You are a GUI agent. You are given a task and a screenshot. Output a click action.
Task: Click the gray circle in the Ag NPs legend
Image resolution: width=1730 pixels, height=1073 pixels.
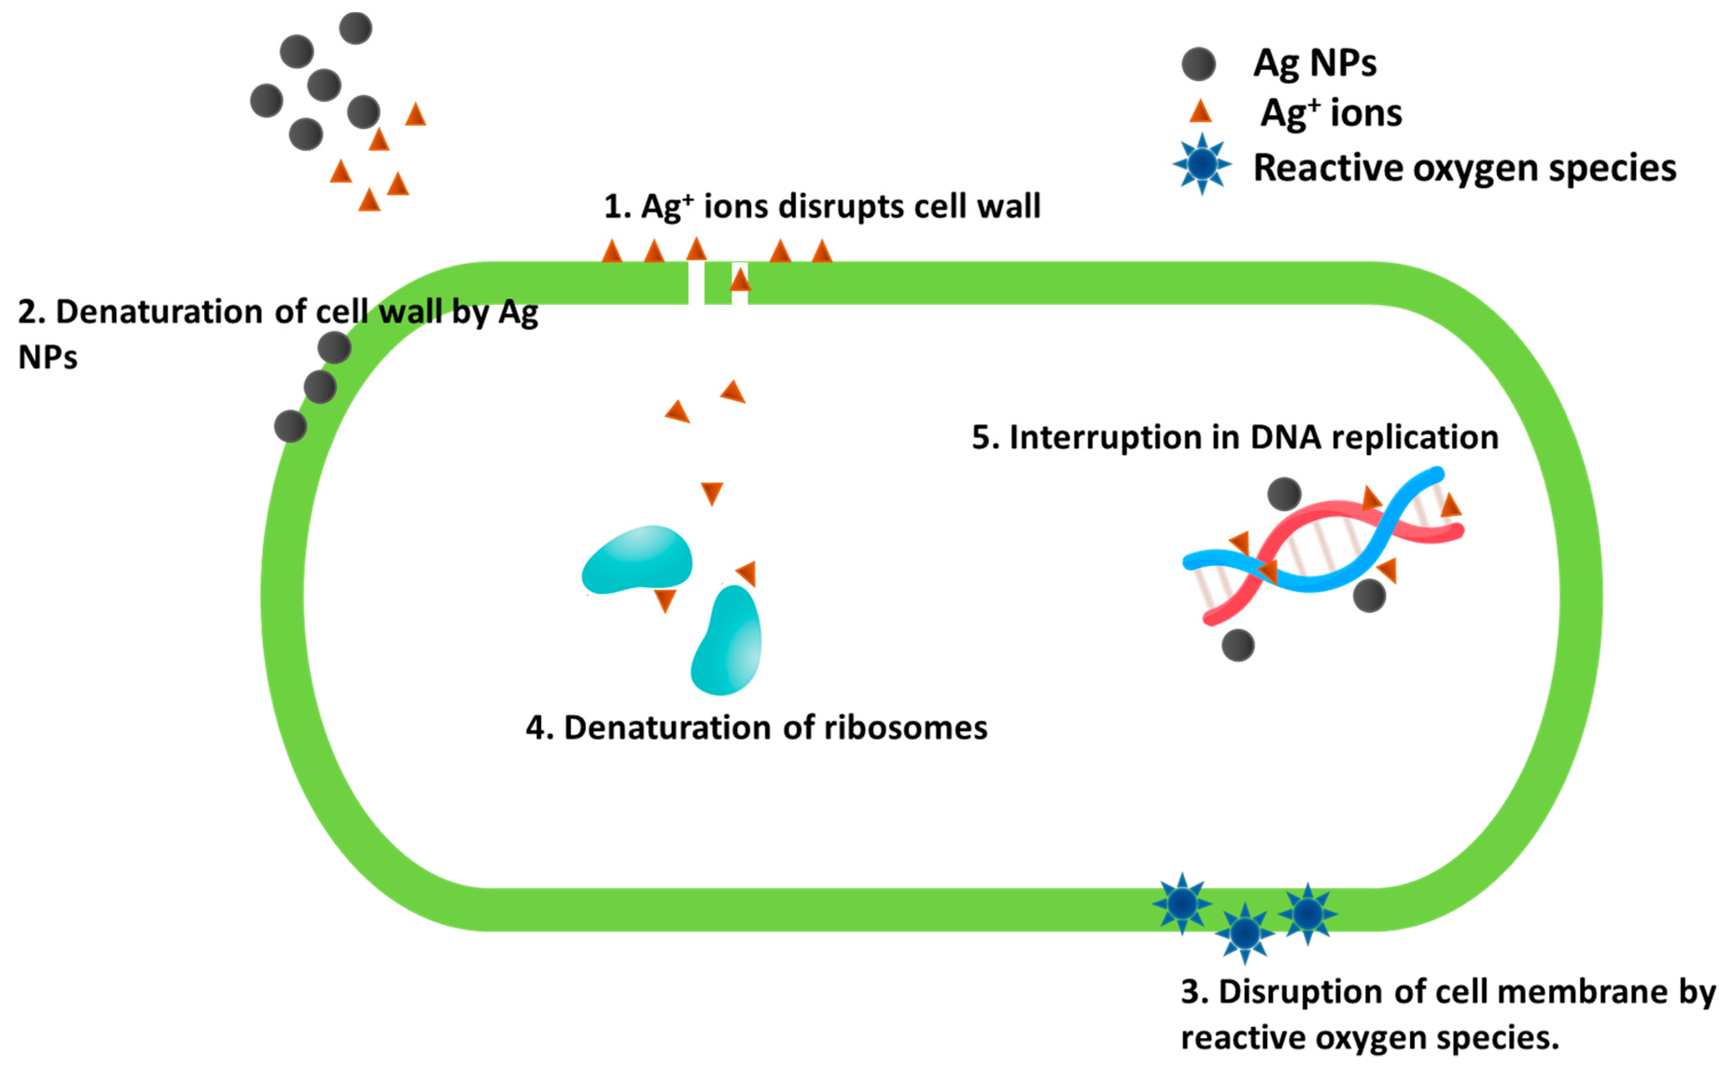click(1198, 64)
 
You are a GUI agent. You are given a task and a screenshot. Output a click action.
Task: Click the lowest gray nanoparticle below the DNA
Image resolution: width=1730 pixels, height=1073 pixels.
click(1238, 645)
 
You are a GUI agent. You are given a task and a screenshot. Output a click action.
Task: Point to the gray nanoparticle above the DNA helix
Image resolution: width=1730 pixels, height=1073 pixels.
click(1284, 494)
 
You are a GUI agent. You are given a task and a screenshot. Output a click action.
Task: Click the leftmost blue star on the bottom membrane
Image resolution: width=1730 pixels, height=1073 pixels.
click(1182, 904)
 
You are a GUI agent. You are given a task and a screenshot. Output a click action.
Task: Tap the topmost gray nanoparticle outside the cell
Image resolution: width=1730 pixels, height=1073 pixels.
click(356, 28)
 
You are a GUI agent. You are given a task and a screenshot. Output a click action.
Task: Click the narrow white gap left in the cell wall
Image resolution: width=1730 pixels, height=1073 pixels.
click(696, 283)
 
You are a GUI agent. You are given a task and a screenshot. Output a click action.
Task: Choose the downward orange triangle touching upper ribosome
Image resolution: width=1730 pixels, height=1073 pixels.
click(665, 600)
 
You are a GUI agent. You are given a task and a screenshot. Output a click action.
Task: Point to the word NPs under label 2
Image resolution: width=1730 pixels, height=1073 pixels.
click(48, 358)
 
